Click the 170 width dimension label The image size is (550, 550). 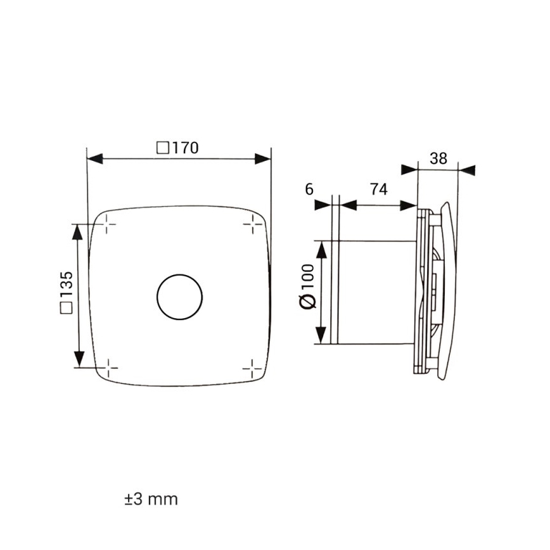(x=178, y=148)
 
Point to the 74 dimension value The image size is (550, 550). (x=378, y=189)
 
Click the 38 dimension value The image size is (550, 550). (x=438, y=158)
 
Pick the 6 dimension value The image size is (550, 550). (x=309, y=189)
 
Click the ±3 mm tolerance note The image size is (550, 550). (x=151, y=499)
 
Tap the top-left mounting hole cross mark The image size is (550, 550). (x=108, y=224)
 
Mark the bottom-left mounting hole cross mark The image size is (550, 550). (x=108, y=367)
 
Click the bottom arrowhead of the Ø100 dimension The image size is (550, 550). (x=322, y=336)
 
